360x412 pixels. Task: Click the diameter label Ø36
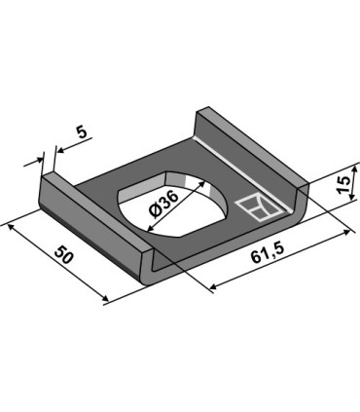pyautogui.click(x=164, y=207)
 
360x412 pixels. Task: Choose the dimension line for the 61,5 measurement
pyautogui.click(x=282, y=260)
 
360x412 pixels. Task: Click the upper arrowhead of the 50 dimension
pyautogui.click(x=11, y=227)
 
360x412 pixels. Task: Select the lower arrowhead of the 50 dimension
pyautogui.click(x=100, y=299)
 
